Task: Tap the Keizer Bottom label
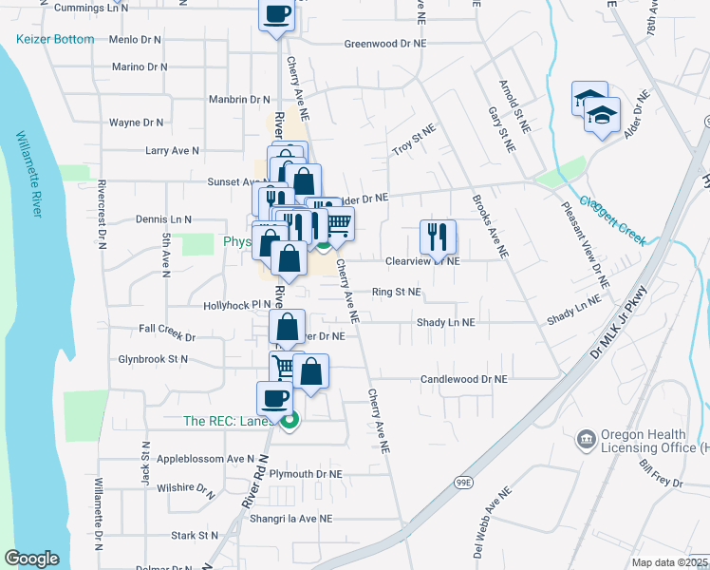point(55,39)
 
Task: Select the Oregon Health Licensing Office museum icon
point(587,438)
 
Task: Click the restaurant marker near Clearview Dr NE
point(438,236)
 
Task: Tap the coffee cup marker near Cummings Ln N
point(277,14)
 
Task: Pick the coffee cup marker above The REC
point(275,397)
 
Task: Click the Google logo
point(31,559)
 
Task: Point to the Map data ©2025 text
point(669,562)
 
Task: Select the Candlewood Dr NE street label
point(465,378)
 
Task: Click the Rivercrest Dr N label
point(101,215)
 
